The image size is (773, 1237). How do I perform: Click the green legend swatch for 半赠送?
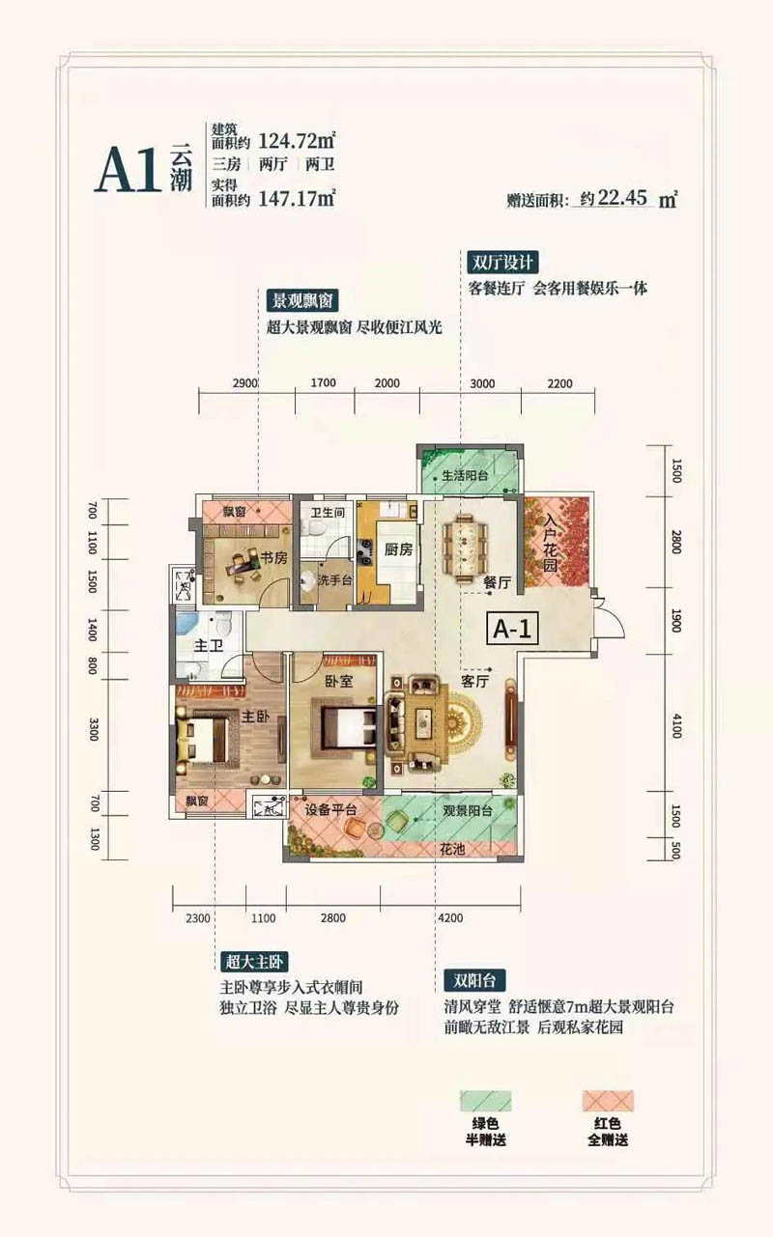coord(484,1101)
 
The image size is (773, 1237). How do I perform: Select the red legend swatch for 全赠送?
coord(607,1101)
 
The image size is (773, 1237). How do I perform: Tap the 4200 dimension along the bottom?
coord(451,918)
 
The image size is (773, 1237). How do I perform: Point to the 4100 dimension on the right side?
coord(675,722)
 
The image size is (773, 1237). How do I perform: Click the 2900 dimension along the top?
coord(245,383)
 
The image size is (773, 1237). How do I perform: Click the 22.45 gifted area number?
coord(622,200)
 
